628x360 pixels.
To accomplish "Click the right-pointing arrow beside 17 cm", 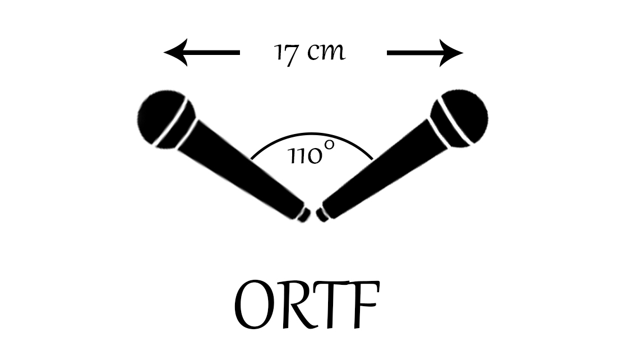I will tap(425, 53).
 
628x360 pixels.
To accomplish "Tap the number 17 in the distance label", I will tap(285, 53).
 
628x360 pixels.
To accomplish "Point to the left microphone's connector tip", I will tap(304, 215).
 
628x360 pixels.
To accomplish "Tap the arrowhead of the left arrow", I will tap(173, 53).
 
